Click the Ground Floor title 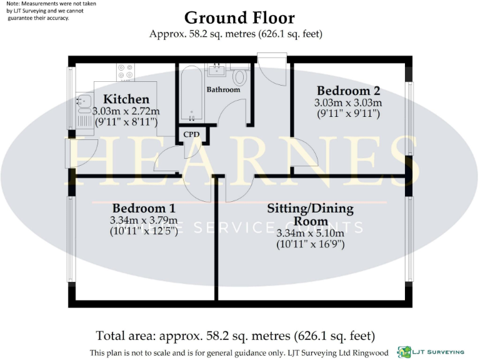pyautogui.click(x=239, y=17)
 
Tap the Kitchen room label pyautogui.click(x=126, y=99)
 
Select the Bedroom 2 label pyautogui.click(x=348, y=91)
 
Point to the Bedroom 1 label pyautogui.click(x=144, y=208)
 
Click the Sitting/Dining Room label pyautogui.click(x=311, y=214)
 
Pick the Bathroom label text pyautogui.click(x=223, y=90)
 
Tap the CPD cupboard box pyautogui.click(x=191, y=134)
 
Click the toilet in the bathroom pyautogui.click(x=239, y=77)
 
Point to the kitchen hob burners pyautogui.click(x=124, y=71)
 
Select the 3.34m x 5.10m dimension pyautogui.click(x=311, y=233)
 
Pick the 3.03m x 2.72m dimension pyautogui.click(x=126, y=111)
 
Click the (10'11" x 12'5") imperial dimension pyautogui.click(x=144, y=232)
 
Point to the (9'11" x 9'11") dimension pyautogui.click(x=348, y=114)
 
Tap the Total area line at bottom pyautogui.click(x=235, y=336)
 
